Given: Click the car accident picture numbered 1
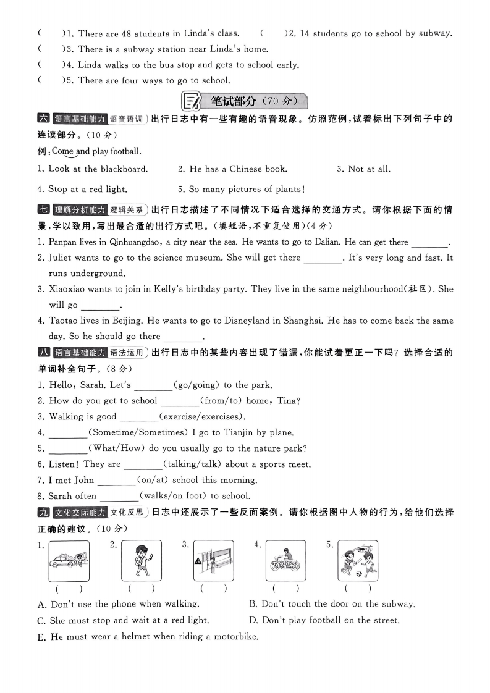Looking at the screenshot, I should coord(69,561).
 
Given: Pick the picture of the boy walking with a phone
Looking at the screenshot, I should coord(142,561).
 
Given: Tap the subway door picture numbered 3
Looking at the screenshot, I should coord(213,561).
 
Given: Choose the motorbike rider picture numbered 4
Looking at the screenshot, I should coord(285,561).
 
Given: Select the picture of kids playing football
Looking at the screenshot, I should coord(358,561).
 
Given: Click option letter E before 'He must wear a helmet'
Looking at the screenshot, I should coord(42,637).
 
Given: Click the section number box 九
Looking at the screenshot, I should coord(43,512).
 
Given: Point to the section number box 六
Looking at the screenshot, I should coord(43,119).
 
